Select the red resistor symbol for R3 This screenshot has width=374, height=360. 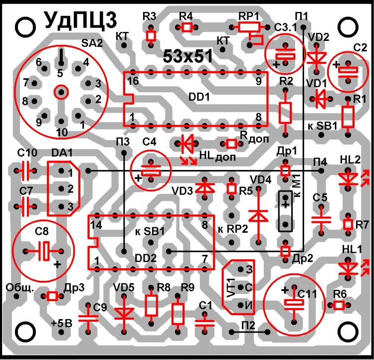(x=150, y=36)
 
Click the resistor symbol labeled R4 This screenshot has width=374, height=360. (x=187, y=27)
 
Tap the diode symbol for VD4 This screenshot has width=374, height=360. (x=258, y=215)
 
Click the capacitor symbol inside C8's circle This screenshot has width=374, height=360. (x=43, y=250)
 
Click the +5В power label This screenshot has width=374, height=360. (x=62, y=323)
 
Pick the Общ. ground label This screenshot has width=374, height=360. (x=18, y=288)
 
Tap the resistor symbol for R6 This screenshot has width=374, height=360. (x=340, y=305)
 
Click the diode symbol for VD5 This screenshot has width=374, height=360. (x=123, y=313)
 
